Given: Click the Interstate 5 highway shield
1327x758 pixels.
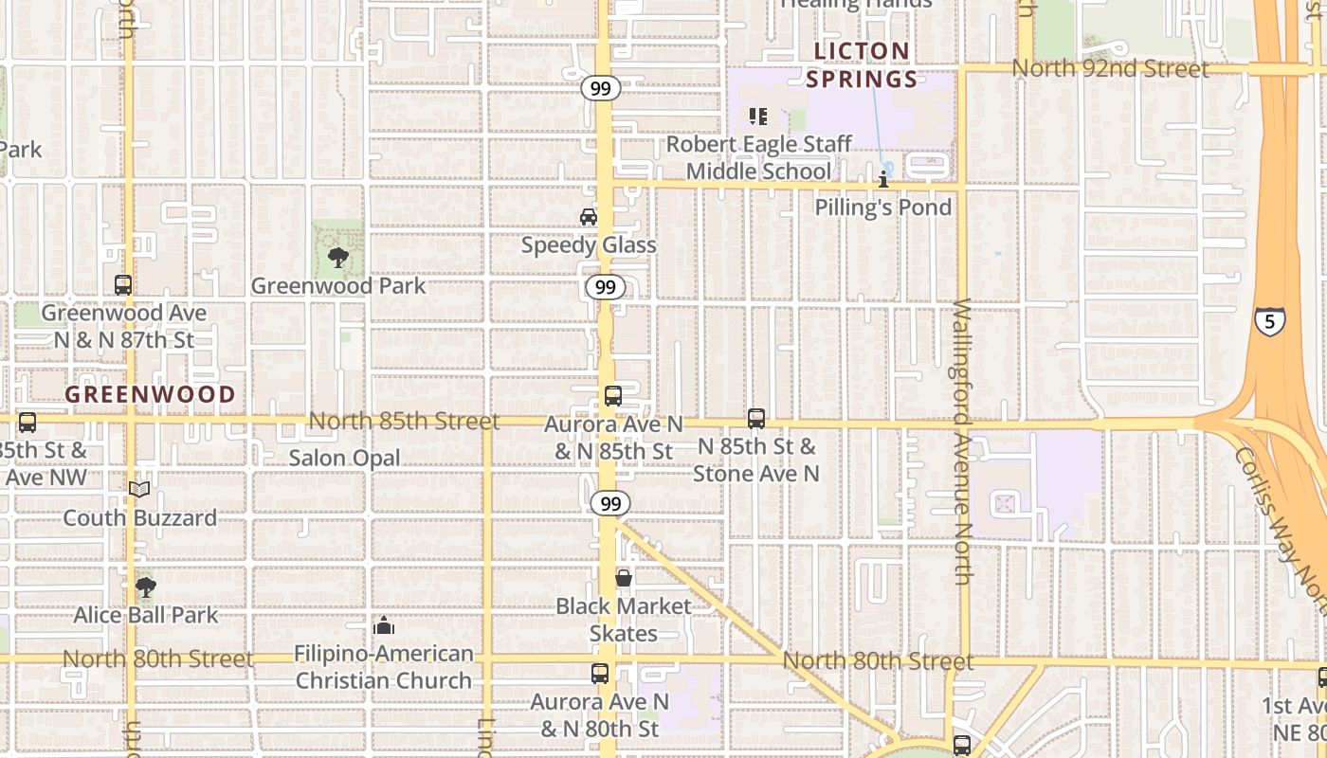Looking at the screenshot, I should click(1270, 320).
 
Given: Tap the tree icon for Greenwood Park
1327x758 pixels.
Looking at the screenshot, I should click(336, 257).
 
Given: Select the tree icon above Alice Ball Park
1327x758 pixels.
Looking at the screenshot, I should click(145, 587).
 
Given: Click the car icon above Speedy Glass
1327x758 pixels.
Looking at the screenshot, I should click(589, 217).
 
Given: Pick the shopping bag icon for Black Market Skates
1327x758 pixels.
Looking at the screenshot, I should click(624, 578).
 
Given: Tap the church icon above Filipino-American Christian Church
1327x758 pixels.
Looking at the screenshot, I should click(384, 625).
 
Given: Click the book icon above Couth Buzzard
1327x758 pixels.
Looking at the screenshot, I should click(139, 489).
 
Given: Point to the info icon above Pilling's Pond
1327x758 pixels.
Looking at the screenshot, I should click(883, 179).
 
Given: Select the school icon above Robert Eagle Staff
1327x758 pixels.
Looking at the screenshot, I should click(757, 117).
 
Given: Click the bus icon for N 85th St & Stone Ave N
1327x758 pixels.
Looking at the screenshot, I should click(756, 418).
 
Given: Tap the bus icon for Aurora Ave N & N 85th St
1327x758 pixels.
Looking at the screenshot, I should click(613, 396).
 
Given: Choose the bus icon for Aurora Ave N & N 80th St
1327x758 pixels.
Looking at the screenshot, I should click(600, 674).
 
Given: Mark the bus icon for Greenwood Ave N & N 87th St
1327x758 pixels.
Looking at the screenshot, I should click(123, 284).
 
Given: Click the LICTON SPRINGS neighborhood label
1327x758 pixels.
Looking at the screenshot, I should click(862, 64).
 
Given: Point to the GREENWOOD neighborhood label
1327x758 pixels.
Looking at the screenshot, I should click(150, 394).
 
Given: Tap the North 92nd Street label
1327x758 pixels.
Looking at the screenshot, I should click(1110, 69).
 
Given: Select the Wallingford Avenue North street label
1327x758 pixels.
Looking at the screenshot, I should click(962, 442).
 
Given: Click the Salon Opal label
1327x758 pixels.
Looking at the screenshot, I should click(344, 458).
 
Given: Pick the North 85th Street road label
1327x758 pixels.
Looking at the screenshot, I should click(404, 421).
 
